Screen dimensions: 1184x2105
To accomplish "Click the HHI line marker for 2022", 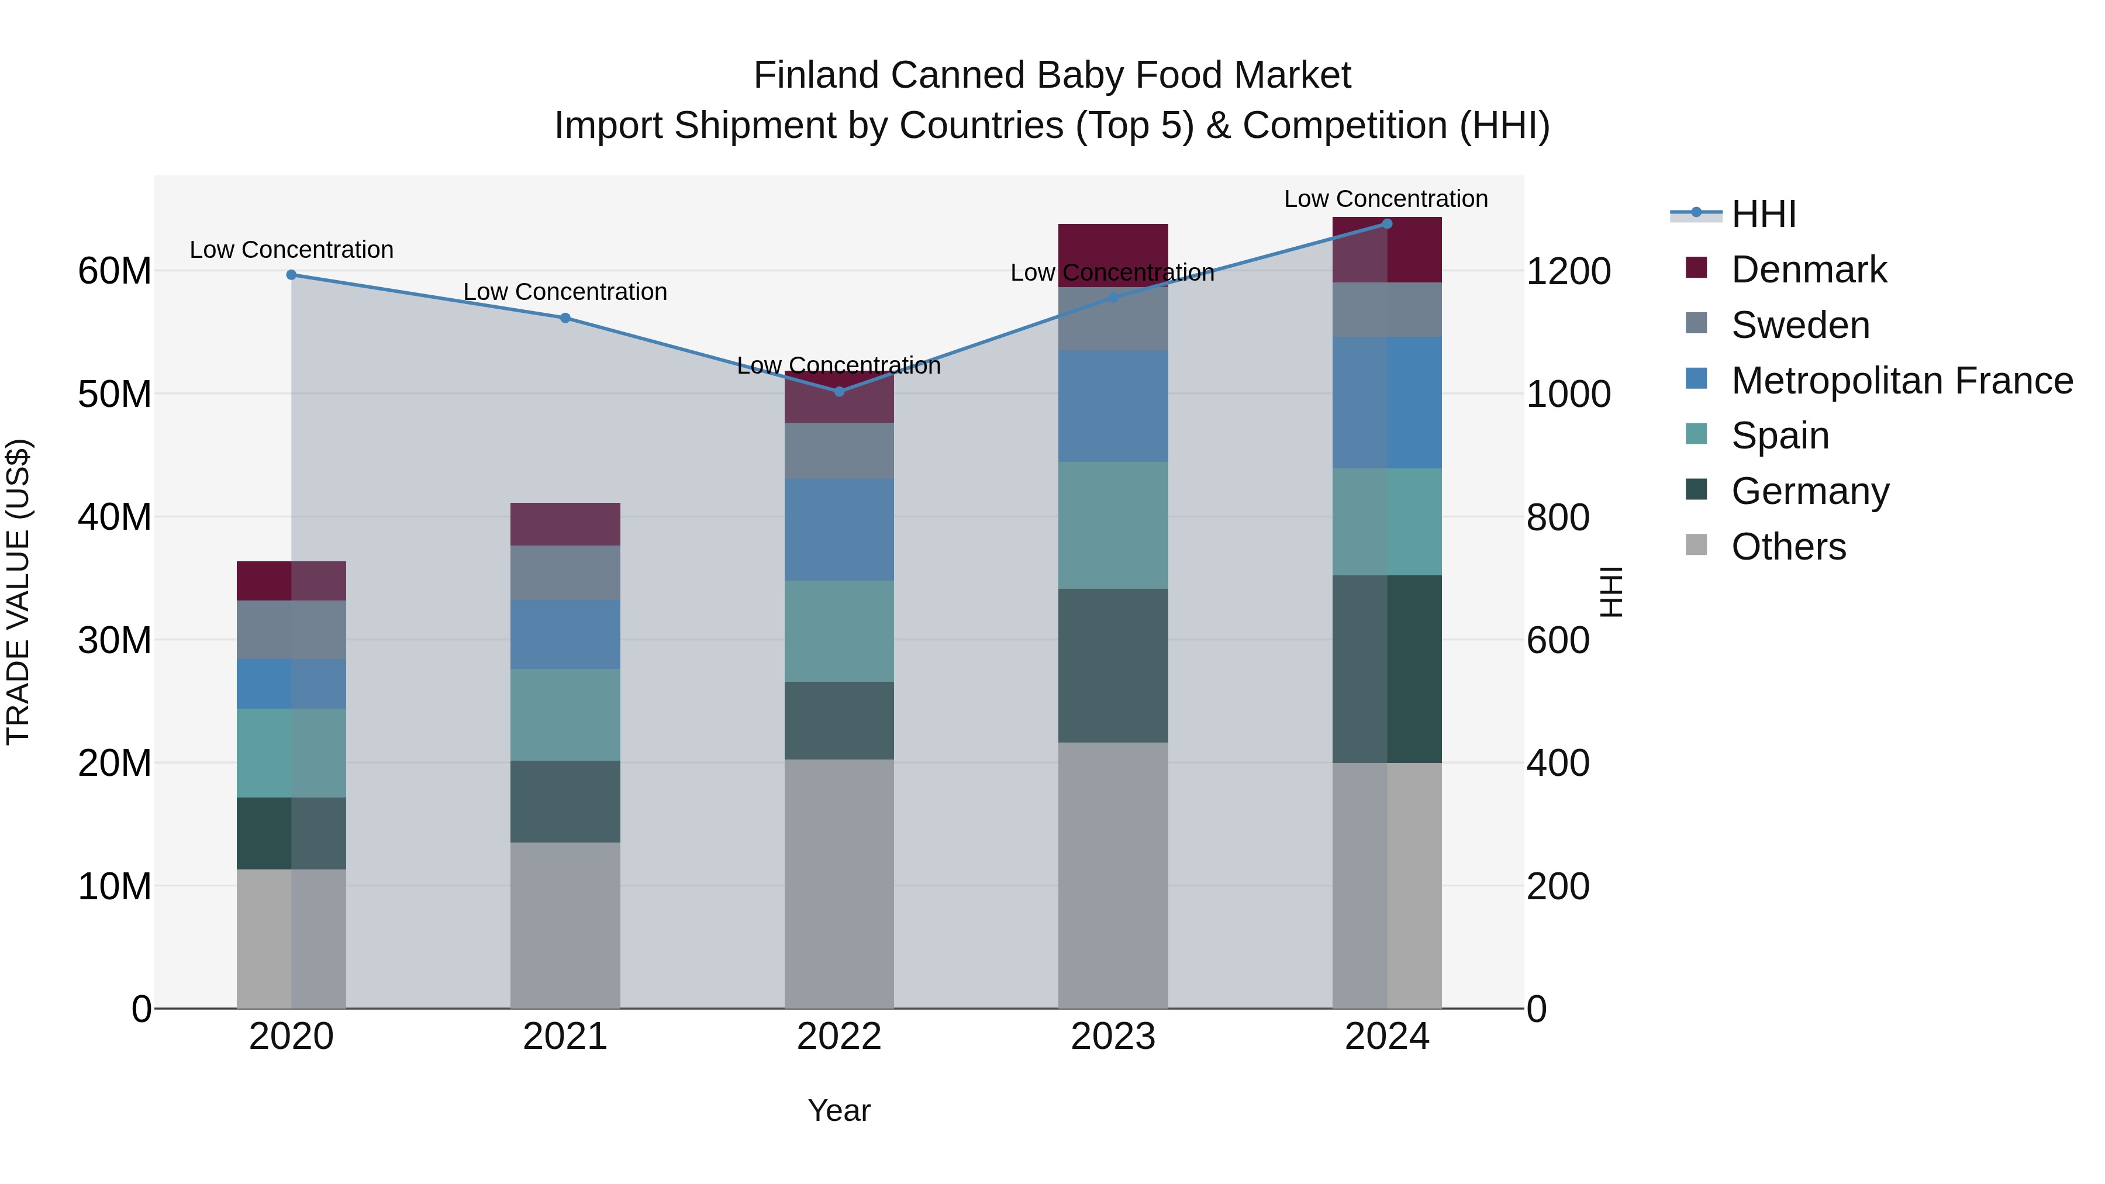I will pos(839,391).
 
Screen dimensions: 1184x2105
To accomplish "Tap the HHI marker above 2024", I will pos(1387,224).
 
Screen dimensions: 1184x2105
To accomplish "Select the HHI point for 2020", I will pos(292,275).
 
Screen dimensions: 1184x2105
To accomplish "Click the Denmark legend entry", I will pos(1809,270).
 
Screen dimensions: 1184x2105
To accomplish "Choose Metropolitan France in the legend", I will pos(1902,381).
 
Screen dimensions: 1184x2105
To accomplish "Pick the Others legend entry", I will pos(1788,547).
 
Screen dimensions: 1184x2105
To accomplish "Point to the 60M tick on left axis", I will pos(115,271).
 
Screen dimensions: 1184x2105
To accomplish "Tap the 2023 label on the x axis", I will pos(1113,1037).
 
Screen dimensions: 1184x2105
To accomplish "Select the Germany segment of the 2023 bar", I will pos(1113,665).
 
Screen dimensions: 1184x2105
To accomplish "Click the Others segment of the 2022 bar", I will pos(839,882).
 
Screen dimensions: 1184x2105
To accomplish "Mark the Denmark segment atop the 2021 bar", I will pos(565,524).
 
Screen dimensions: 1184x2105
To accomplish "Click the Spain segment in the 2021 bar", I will pos(565,715).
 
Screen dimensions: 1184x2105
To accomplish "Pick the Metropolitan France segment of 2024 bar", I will pos(1387,403).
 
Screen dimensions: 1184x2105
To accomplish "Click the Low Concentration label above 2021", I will pos(565,292).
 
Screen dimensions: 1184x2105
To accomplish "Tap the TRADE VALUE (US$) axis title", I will pos(18,592).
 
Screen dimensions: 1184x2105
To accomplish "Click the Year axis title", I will pos(839,1110).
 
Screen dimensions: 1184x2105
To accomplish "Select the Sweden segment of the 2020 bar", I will pos(292,630).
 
